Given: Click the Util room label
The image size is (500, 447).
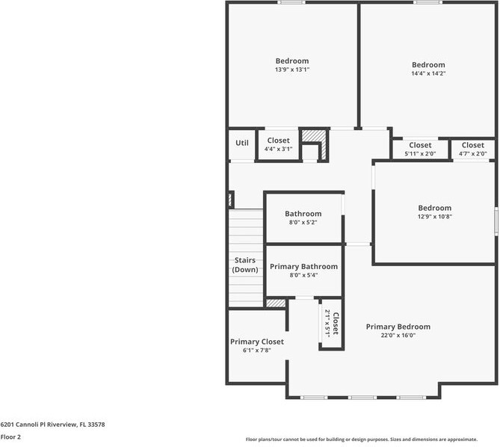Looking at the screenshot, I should tap(242, 143).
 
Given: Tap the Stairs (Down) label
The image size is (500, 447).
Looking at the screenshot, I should tap(245, 265).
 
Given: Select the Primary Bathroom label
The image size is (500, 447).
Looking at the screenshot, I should tap(303, 266).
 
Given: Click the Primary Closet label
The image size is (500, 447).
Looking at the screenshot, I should tap(256, 342).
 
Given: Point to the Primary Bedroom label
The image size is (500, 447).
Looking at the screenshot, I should tap(398, 327).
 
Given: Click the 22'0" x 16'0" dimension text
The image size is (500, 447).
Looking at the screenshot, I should tap(398, 336).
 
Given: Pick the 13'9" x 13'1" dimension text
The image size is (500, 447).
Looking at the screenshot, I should tap(291, 70).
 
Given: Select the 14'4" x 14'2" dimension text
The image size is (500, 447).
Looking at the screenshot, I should tap(428, 73).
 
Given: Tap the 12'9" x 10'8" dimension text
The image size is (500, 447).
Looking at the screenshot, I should tap(434, 217).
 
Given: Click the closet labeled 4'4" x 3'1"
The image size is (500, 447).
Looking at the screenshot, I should tap(278, 144).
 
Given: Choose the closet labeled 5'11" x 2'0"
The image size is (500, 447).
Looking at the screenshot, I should tap(420, 149).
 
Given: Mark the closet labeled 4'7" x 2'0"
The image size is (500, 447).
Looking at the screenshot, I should tap(472, 149).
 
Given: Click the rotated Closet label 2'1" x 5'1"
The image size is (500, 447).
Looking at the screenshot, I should tap(331, 324).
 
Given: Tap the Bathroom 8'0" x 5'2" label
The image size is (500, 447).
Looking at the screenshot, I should tap(303, 218).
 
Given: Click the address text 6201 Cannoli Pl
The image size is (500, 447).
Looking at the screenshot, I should tap(52, 425).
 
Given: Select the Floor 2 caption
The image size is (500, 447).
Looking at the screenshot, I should tap(10, 437).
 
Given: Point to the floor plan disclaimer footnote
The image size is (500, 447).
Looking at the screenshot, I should tap(371, 440).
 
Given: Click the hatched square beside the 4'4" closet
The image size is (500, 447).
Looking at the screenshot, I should tap(314, 138).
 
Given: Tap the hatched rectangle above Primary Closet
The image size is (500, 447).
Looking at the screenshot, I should tap(276, 303).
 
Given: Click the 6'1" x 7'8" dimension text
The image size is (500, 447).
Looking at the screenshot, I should tap(256, 350).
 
